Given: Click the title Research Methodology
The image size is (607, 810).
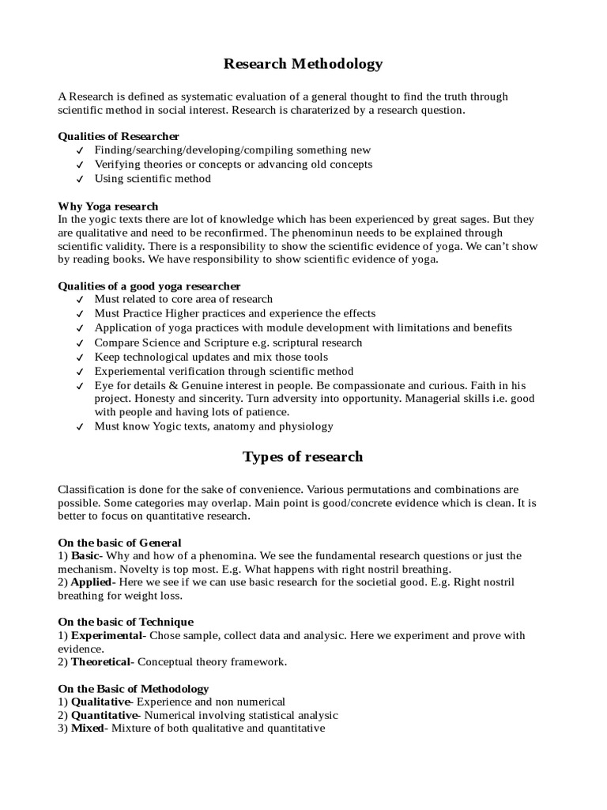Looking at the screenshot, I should [303, 64].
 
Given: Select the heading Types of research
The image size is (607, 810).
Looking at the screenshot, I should [303, 456].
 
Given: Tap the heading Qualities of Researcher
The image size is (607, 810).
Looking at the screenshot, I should [119, 136].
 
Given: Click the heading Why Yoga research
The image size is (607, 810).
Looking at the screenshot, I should [108, 206].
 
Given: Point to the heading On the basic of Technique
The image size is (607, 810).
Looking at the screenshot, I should [126, 622].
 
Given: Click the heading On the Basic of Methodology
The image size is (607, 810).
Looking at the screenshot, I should [134, 688].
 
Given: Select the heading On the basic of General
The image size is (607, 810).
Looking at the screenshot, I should [119, 543].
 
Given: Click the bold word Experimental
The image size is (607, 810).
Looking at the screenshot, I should [107, 635].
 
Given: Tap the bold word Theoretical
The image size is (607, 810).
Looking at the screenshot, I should [103, 661].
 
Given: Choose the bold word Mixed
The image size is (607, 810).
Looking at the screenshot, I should [87, 728].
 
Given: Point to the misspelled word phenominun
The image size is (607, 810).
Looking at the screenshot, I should [368, 233].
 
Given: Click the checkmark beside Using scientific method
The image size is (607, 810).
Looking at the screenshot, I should [80, 180].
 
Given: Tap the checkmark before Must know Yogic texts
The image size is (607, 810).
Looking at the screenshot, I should [80, 427].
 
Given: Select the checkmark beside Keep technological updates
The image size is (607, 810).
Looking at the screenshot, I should [80, 358].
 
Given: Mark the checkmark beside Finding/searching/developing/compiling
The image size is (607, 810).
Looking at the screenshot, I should [80, 151].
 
